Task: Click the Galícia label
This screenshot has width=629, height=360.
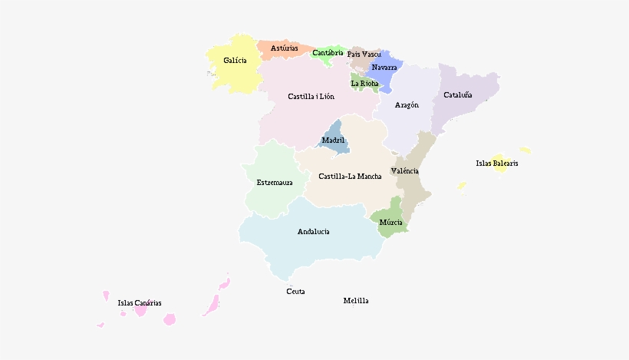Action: click(235, 61)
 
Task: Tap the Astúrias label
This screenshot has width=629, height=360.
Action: click(285, 48)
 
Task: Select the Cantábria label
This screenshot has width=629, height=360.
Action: click(328, 53)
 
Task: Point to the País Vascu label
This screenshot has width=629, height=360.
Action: click(364, 54)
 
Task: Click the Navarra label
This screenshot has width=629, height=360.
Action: click(384, 68)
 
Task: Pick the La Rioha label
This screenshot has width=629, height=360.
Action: click(364, 84)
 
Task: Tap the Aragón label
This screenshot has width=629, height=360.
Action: click(407, 105)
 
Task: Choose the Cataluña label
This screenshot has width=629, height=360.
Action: click(458, 96)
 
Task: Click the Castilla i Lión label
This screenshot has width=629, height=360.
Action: click(311, 97)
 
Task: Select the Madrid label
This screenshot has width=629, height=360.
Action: click(333, 140)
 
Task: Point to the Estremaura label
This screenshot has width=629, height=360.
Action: click(275, 183)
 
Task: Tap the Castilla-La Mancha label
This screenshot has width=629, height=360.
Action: click(350, 177)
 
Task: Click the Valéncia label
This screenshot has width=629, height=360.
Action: click(404, 170)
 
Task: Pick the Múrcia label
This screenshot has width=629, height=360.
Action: click(390, 223)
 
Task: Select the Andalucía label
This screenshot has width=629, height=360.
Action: click(313, 232)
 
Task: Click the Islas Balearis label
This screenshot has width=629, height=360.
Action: click(497, 163)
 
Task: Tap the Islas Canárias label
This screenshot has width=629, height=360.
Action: click(140, 303)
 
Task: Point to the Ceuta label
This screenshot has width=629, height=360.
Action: click(295, 292)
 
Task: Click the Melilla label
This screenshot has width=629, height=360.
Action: click(356, 301)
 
